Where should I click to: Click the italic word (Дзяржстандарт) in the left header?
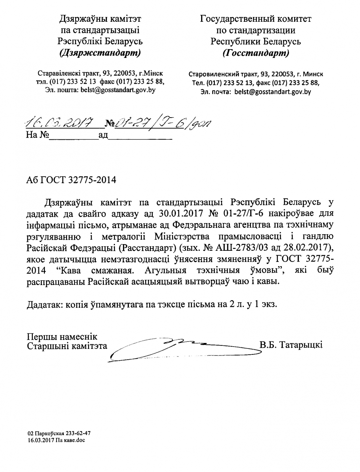click(100, 53)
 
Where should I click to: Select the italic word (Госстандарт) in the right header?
click(256, 53)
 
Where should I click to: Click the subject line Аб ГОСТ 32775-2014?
click(71, 180)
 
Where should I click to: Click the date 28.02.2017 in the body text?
click(308, 246)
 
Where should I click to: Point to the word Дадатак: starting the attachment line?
click(44, 305)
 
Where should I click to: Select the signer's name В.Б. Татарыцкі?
click(291, 345)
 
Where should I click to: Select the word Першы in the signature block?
click(40, 337)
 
